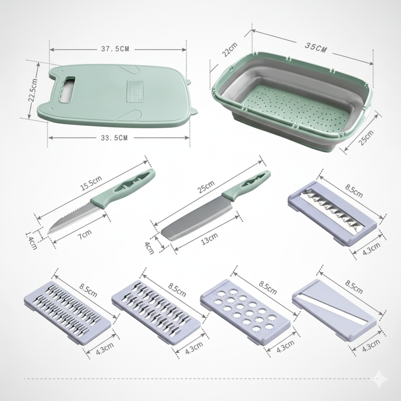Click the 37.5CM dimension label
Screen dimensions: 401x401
(115, 49)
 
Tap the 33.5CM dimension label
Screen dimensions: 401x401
(114, 138)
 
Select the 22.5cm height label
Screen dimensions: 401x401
(33, 90)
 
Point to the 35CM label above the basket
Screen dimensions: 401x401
(316, 47)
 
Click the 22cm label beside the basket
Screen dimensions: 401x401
(229, 49)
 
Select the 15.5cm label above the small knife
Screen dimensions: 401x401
(91, 183)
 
